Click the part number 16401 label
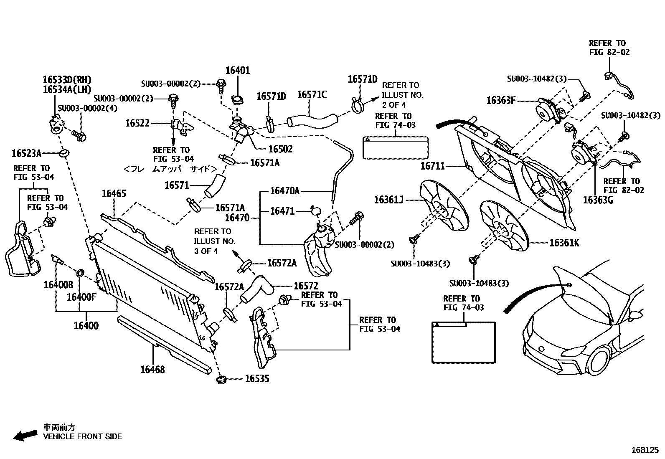238,71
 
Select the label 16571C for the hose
312,95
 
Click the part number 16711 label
432,166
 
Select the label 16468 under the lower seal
152,370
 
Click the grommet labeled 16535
221,380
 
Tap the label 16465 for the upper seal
114,194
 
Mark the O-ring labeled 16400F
80,274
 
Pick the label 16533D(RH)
66,80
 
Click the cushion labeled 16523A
64,153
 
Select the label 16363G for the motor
598,200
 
